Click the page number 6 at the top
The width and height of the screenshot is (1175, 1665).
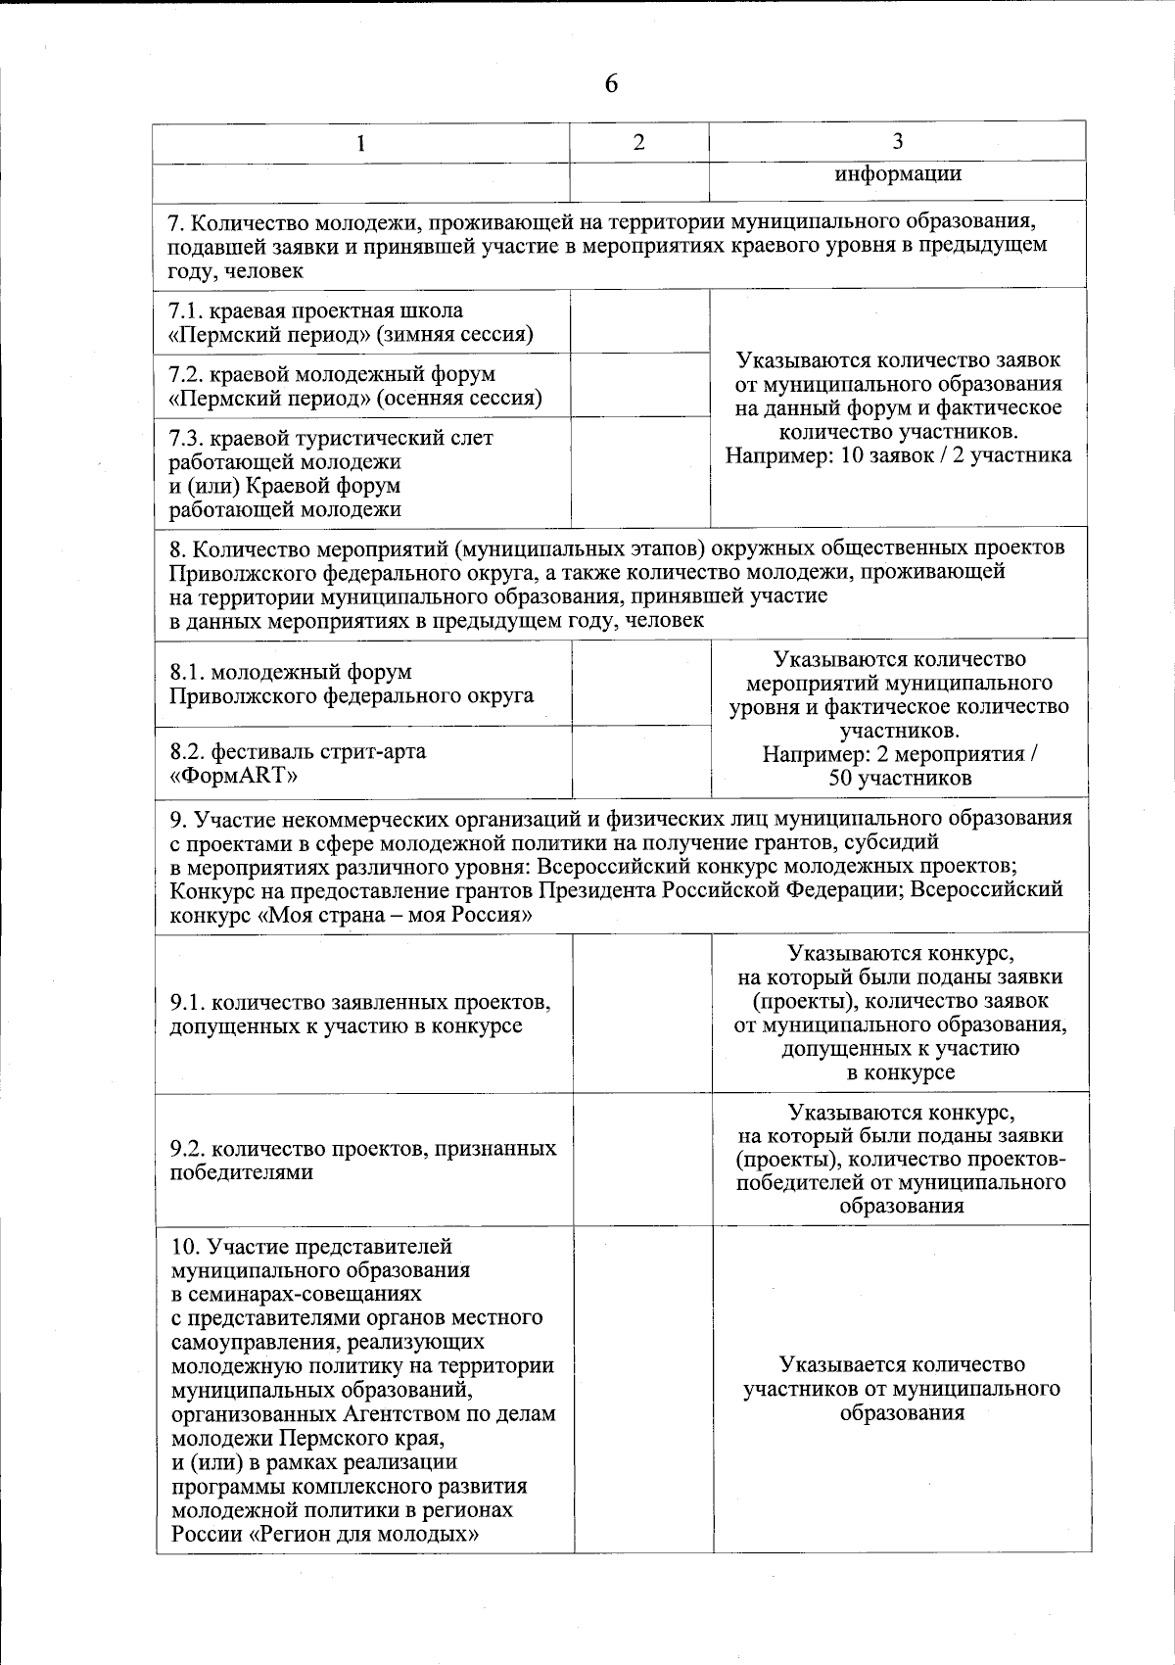pyautogui.click(x=611, y=84)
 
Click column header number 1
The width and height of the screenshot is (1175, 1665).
pyautogui.click(x=361, y=143)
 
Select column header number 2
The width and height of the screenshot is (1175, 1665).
pyautogui.click(x=639, y=142)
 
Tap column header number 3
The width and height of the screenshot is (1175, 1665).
pyautogui.click(x=898, y=141)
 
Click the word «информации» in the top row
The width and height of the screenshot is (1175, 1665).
pyautogui.click(x=898, y=174)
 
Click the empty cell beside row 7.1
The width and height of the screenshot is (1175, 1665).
pyautogui.click(x=640, y=321)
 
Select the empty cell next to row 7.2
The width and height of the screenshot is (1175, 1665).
pyautogui.click(x=640, y=385)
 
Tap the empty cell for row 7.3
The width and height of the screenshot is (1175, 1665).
pyautogui.click(x=640, y=472)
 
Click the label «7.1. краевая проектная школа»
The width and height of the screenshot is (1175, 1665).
pyautogui.click(x=315, y=311)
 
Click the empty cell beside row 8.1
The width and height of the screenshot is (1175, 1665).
pyautogui.click(x=641, y=683)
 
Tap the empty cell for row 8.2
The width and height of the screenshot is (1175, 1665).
pyautogui.click(x=641, y=762)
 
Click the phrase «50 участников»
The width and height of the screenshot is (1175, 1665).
pyautogui.click(x=900, y=779)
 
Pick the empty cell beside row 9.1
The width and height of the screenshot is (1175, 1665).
pyautogui.click(x=641, y=1014)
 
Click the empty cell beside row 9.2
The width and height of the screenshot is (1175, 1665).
pyautogui.click(x=641, y=1159)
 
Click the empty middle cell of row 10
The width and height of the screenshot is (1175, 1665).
pyautogui.click(x=643, y=1389)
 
